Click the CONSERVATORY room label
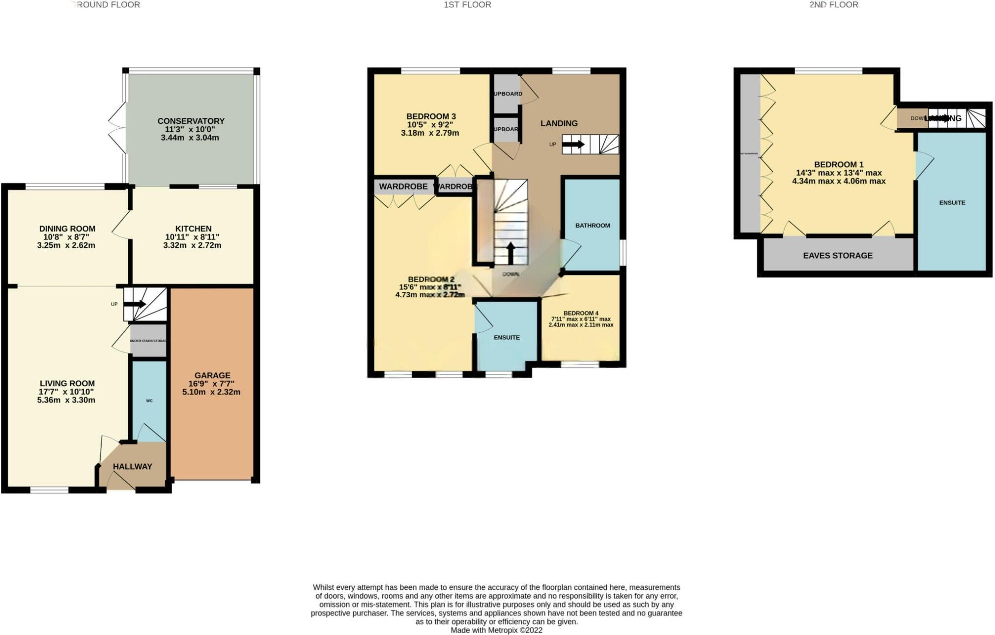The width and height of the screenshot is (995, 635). (x=191, y=121)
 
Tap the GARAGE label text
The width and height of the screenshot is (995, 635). (x=212, y=375)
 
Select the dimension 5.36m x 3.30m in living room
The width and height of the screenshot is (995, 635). (x=66, y=400)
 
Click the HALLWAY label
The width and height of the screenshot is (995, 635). (x=132, y=466)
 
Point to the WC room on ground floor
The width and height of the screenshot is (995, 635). (x=149, y=401)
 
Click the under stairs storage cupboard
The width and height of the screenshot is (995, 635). (x=148, y=341)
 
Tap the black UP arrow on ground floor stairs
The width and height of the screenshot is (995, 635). (x=133, y=304)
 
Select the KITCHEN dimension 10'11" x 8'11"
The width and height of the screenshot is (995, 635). (x=192, y=237)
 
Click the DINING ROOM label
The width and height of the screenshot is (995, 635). (x=67, y=229)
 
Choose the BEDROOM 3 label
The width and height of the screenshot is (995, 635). (x=431, y=116)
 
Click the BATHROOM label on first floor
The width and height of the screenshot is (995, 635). (x=593, y=225)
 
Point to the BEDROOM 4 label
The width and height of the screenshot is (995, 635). (x=581, y=313)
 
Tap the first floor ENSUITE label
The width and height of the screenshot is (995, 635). (x=507, y=337)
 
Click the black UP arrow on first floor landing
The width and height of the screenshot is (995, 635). (x=573, y=144)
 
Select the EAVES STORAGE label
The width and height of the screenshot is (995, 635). (x=838, y=256)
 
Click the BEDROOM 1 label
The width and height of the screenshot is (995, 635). (x=838, y=165)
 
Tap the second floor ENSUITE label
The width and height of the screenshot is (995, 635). (x=952, y=202)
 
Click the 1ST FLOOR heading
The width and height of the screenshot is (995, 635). (x=467, y=5)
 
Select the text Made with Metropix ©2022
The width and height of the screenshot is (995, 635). (x=496, y=630)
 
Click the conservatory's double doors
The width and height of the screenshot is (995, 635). (x=118, y=127)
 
